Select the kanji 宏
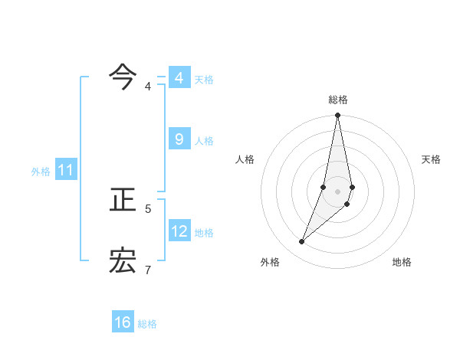[123, 260]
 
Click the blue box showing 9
[179, 139]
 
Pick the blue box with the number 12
[179, 231]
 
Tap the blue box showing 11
[65, 170]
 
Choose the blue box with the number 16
[123, 322]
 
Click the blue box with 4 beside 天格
[179, 77]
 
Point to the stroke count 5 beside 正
[149, 208]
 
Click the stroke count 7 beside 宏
[149, 270]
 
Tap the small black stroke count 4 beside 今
[149, 87]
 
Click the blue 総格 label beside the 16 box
[147, 324]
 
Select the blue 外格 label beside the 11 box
[41, 172]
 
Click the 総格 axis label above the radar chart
[338, 100]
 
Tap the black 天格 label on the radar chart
[432, 159]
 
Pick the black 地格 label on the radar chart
[402, 262]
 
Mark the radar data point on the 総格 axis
[338, 116]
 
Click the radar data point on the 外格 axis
[302, 242]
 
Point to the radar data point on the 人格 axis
[324, 187]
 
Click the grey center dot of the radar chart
[338, 191]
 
